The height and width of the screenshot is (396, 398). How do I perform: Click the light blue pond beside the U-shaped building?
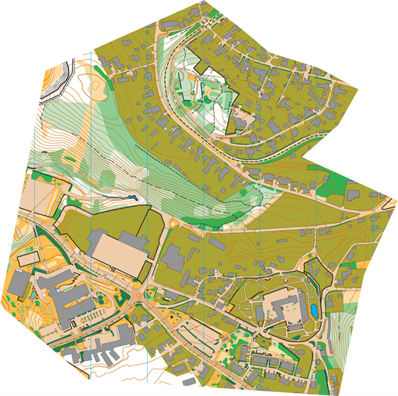pyautogui.click(x=312, y=309)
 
